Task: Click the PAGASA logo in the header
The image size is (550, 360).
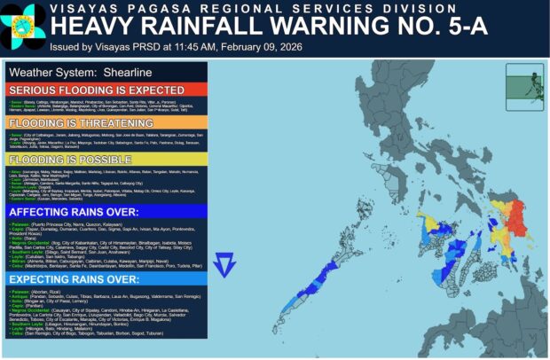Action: [x=24, y=26]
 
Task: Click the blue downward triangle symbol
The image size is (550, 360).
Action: [x=225, y=263]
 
